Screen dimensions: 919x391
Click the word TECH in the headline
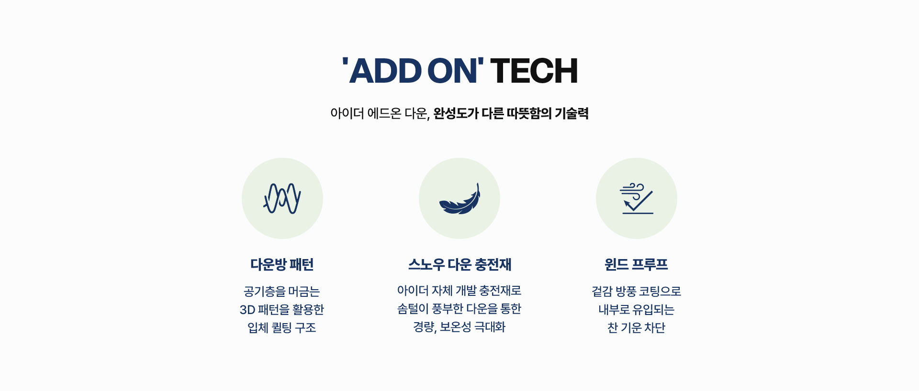coord(534,71)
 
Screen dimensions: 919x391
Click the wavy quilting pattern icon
coord(282,198)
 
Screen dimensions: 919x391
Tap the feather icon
coord(459,199)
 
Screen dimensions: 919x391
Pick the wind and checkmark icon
coord(637,198)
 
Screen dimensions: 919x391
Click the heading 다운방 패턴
coord(282,264)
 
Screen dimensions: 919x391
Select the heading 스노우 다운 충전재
coord(459,264)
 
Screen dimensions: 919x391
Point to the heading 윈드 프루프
coord(636,264)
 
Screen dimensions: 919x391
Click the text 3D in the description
coord(247,310)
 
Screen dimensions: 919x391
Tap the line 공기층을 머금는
coord(282,292)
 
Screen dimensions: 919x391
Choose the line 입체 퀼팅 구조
coord(282,328)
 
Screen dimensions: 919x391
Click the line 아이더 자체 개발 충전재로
coord(459,291)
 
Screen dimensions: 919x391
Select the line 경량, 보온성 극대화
coord(459,327)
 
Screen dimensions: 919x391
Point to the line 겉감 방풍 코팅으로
coord(636,292)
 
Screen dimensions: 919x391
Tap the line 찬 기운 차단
coord(636,328)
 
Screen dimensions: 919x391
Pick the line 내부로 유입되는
coord(636,310)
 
